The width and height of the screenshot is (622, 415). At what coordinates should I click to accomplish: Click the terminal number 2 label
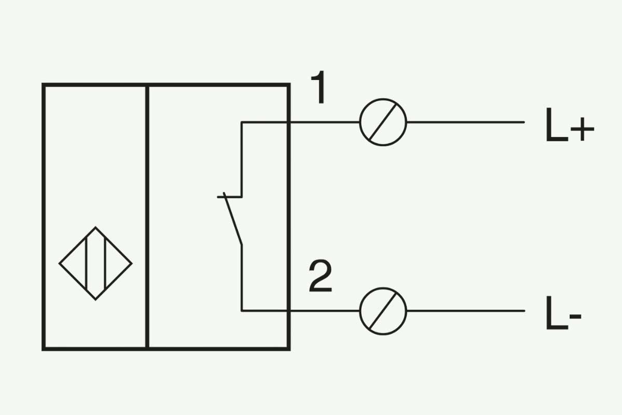320,276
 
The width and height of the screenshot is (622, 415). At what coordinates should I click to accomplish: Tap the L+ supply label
570,125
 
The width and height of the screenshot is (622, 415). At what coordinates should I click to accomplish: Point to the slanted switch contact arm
233,219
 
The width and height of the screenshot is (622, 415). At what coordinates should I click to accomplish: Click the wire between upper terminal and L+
465,122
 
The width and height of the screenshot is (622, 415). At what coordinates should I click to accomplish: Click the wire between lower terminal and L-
465,311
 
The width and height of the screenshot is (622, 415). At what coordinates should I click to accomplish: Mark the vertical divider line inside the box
147,217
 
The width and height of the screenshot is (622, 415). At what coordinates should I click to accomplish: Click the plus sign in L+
582,129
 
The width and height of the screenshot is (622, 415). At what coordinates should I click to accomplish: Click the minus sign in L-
575,316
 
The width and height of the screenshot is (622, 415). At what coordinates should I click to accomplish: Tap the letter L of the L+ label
557,125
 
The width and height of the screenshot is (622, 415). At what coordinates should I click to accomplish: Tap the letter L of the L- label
557,313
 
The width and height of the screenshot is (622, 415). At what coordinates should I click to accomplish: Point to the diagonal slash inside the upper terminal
383,122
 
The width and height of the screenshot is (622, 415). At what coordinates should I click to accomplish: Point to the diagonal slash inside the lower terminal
383,311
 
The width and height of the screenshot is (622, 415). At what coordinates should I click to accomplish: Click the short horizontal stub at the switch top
230,197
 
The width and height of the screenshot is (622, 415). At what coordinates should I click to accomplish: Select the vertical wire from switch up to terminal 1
242,160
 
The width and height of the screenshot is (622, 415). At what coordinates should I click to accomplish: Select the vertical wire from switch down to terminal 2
242,278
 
